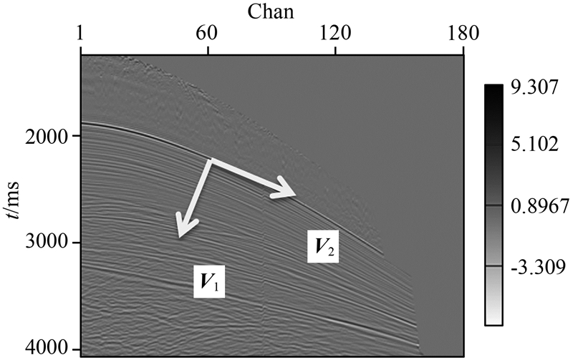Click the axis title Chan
point(273,11)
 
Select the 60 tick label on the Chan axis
point(208,33)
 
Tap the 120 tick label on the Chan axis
point(335,33)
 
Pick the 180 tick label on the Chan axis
point(463,33)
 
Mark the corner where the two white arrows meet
point(209,160)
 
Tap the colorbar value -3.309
point(530,266)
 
